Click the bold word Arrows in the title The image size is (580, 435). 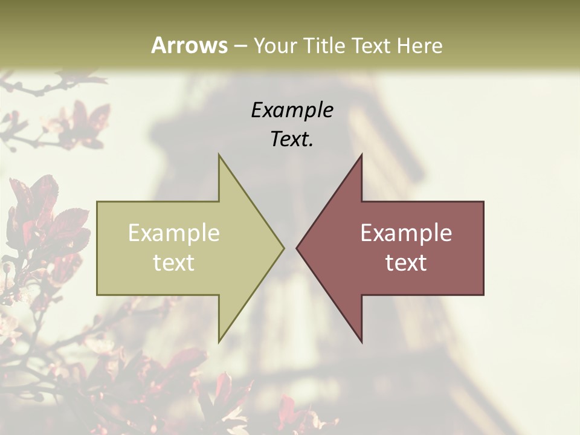point(189,45)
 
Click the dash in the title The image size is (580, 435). point(240,47)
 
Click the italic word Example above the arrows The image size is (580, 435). point(292,110)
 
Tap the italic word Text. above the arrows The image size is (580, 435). point(292,139)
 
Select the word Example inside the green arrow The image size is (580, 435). point(174,233)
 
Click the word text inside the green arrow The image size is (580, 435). point(174,263)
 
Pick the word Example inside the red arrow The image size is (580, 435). point(406,233)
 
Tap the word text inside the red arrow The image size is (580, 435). point(406,263)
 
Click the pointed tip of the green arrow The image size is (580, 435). point(283,248)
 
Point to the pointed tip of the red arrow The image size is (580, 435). point(297,248)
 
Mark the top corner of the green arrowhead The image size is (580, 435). point(219,155)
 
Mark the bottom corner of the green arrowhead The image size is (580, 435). point(219,342)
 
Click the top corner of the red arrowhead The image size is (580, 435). point(361,155)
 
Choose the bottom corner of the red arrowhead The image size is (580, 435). point(361,342)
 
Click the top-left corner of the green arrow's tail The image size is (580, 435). point(97,202)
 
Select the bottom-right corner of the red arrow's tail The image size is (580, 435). point(483,295)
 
